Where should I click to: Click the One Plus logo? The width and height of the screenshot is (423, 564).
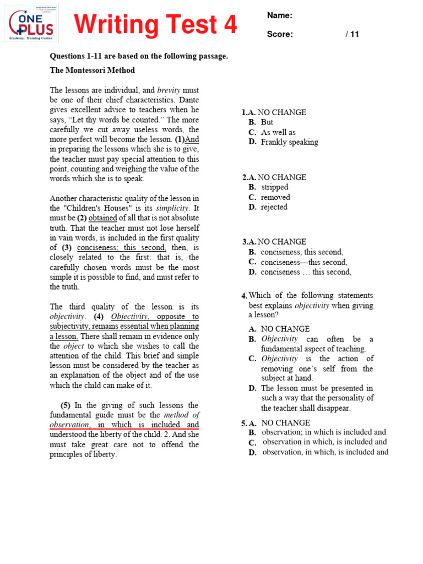[x=32, y=23]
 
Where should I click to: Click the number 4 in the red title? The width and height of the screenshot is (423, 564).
[x=229, y=25]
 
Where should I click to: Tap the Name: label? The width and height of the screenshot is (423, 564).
[x=280, y=15]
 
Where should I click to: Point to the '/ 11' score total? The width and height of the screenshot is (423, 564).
[x=352, y=34]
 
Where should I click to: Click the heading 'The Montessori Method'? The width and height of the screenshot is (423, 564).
[x=92, y=70]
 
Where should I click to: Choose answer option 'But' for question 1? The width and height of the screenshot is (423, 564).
[x=267, y=122]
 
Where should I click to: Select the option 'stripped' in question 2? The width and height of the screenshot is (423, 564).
[x=274, y=187]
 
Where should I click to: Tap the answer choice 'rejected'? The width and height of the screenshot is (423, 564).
[x=274, y=207]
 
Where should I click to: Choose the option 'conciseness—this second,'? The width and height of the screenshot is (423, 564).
[x=304, y=262]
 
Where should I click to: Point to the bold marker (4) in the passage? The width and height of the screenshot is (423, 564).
[x=99, y=317]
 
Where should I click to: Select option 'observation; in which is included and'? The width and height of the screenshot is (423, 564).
[x=324, y=432]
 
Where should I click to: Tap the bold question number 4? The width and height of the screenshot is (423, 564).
[x=244, y=296]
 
